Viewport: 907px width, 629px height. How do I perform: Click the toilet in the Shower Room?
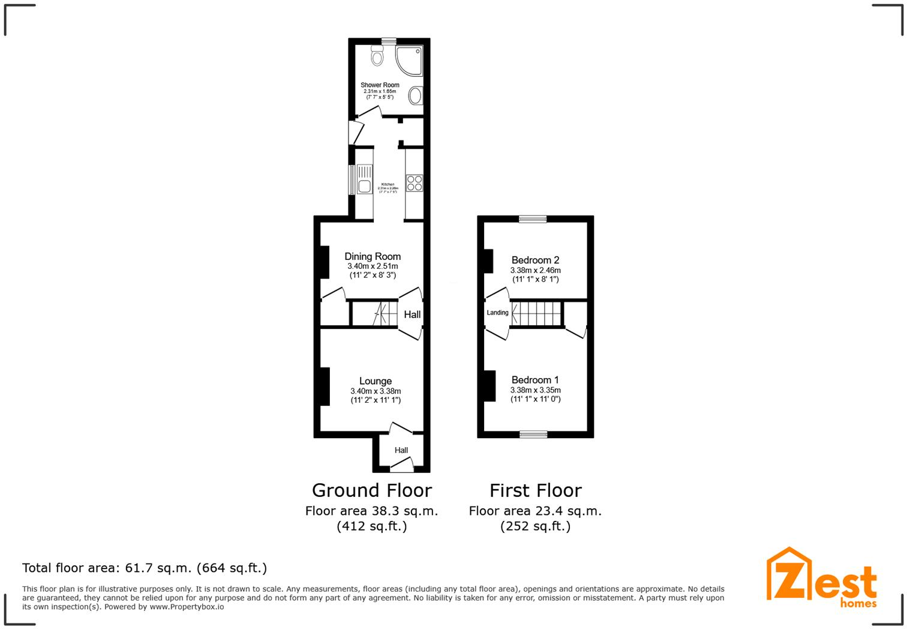(377, 55)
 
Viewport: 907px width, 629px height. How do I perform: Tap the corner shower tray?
(409, 60)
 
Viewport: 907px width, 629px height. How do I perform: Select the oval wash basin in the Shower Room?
(415, 96)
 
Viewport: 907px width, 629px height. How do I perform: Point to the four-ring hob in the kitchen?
(414, 182)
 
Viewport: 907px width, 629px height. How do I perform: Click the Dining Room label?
(373, 256)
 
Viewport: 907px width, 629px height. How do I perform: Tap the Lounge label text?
(376, 381)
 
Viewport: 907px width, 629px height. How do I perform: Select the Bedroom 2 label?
(535, 260)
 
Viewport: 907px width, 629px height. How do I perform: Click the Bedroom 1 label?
(535, 380)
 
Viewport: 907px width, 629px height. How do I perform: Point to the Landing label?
(497, 313)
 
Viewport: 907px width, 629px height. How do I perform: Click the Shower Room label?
(380, 85)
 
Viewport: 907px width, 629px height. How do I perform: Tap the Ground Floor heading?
(372, 490)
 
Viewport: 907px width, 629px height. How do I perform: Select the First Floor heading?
(535, 490)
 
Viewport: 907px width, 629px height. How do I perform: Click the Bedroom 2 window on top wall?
(533, 220)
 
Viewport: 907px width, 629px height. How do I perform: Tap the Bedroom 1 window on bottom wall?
(533, 434)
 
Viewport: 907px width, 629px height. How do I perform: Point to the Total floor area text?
(145, 568)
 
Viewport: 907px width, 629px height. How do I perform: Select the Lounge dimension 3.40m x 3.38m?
(376, 391)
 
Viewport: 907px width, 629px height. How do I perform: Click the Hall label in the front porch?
(401, 450)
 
